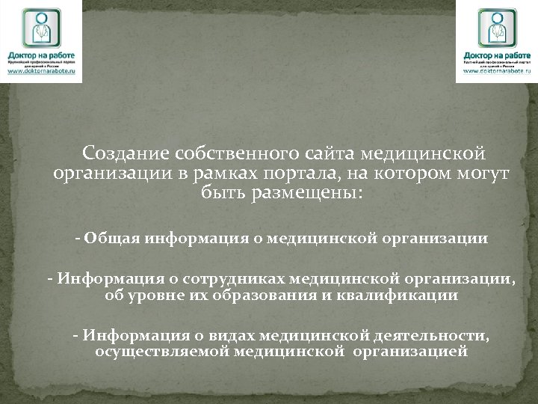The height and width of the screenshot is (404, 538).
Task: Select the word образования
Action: point(266,295)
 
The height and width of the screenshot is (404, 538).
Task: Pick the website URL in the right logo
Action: point(496,71)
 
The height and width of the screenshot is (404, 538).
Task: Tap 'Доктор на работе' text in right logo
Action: point(496,55)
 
